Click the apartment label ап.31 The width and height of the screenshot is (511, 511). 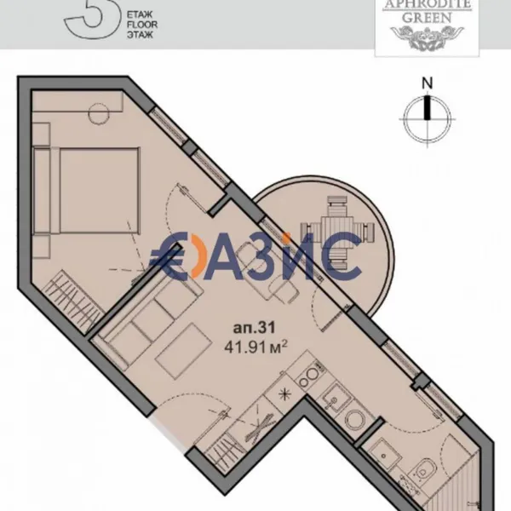pos(254,328)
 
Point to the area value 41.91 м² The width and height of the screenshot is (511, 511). pos(255,347)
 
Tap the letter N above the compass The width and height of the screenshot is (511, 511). pos(428,83)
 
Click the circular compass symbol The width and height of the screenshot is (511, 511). pos(428,118)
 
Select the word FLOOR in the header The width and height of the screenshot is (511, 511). pos(141,25)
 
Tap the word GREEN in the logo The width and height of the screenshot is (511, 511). pos(427,18)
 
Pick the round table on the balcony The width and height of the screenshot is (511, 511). pos(337,231)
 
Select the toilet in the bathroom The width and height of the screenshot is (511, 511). pos(423,470)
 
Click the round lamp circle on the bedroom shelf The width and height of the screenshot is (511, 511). pos(99,113)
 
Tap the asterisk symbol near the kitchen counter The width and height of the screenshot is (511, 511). pos(284,394)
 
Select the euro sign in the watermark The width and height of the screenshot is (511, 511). pos(169,256)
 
